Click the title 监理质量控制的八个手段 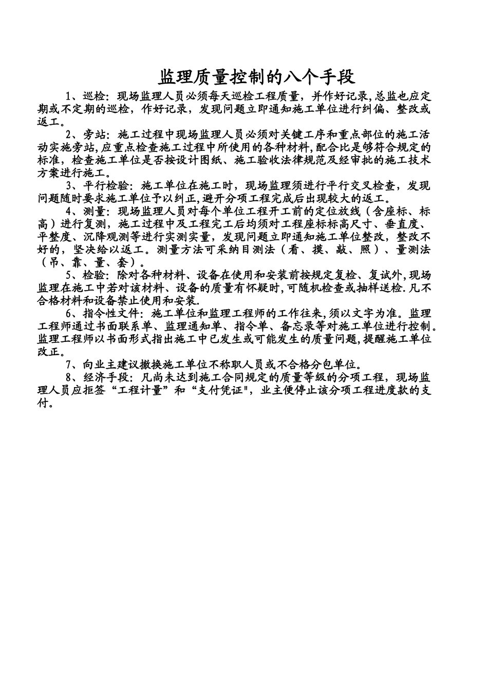click(256, 76)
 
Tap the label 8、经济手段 click(97, 377)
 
